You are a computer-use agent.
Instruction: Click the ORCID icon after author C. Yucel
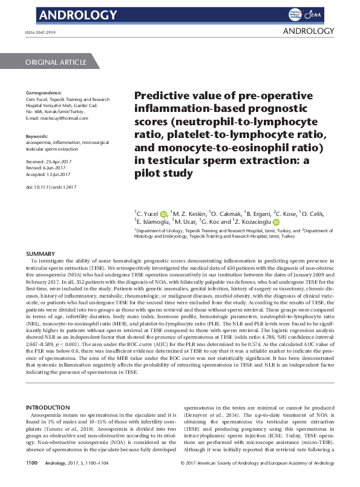pyautogui.click(x=163, y=214)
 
